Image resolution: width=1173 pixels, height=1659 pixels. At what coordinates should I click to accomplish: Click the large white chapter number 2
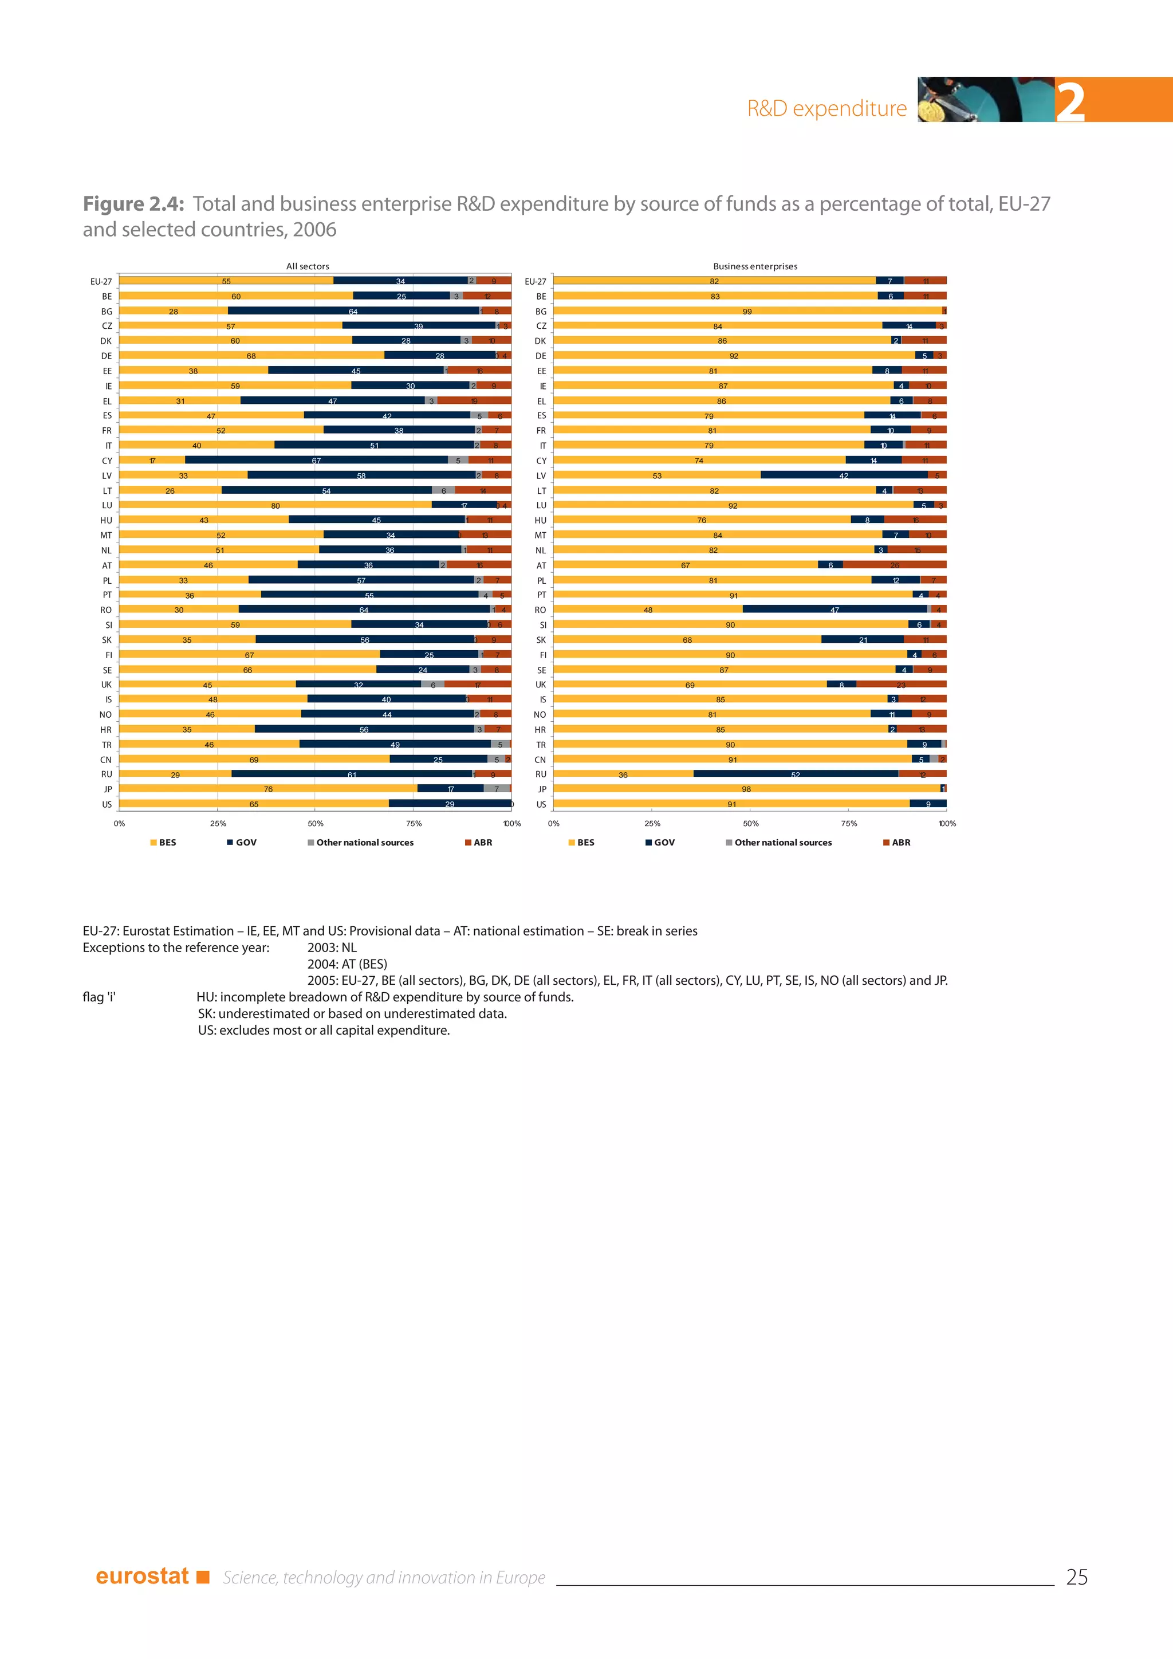point(1070,103)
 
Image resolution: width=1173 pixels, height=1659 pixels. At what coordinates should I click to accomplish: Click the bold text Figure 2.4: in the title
point(133,204)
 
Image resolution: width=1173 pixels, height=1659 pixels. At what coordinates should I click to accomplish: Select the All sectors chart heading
point(307,266)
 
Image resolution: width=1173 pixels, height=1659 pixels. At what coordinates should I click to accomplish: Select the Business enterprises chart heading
point(755,266)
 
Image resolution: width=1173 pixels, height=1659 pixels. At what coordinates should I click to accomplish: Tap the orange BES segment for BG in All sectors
point(174,310)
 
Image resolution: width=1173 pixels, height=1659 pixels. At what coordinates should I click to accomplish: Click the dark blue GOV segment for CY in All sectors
point(316,460)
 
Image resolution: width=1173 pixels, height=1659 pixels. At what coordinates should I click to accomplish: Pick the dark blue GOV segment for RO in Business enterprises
point(835,609)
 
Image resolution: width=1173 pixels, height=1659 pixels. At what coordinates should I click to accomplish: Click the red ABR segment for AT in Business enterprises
point(894,564)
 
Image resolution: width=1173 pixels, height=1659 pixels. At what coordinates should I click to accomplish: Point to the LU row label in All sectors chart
point(107,505)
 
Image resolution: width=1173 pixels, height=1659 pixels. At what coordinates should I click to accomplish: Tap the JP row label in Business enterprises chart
point(542,789)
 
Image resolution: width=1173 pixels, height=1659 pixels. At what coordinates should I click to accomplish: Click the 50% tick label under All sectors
point(316,823)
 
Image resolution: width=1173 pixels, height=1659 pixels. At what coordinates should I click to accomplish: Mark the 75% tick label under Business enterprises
point(849,823)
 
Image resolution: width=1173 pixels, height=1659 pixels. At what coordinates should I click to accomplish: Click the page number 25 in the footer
point(1076,1577)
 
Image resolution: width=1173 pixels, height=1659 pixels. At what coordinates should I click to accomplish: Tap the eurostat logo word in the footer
point(142,1576)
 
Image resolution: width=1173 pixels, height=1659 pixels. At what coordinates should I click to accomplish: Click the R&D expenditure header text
point(826,108)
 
